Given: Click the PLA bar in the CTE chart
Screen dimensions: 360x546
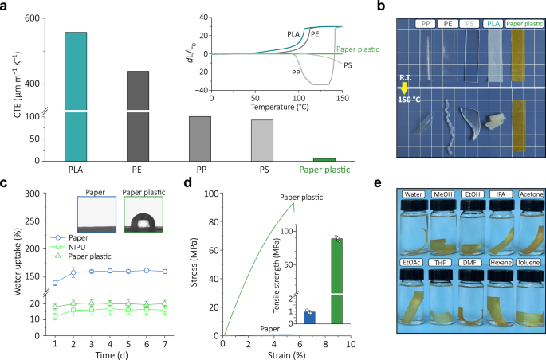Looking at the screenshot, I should click(x=76, y=96).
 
